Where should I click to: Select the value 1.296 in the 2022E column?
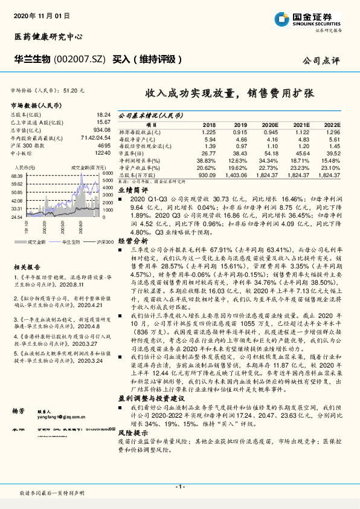pyautogui.click(x=329, y=131)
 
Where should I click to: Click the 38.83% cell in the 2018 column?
pyautogui.click(x=206, y=160)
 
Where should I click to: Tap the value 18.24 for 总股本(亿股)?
pyautogui.click(x=103, y=114)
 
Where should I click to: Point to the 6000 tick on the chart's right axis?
pyautogui.click(x=106, y=173)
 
